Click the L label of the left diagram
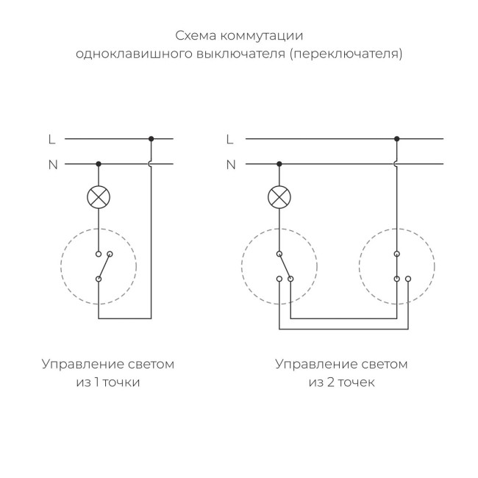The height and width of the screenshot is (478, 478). click(x=51, y=138)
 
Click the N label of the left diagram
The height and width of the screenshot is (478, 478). click(x=52, y=164)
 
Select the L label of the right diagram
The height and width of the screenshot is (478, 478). click(x=229, y=138)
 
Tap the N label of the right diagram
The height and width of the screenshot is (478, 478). click(x=230, y=164)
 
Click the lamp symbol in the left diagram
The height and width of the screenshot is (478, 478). click(x=99, y=197)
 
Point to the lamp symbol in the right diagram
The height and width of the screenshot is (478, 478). click(x=278, y=197)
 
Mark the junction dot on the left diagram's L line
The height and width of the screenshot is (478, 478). click(x=151, y=138)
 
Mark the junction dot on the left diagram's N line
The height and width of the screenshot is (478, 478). click(x=99, y=164)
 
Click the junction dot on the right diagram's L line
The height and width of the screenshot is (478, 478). click(x=397, y=138)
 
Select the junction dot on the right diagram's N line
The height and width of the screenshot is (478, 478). click(x=278, y=164)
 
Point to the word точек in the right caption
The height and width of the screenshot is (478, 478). click(x=357, y=382)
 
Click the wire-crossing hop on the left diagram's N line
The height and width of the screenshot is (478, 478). click(x=151, y=164)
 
